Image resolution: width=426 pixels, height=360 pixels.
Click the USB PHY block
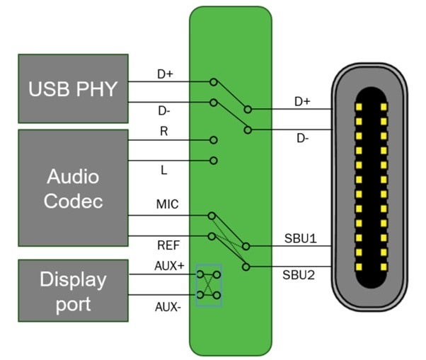[73, 89]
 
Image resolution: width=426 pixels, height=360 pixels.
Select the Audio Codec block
[73, 187]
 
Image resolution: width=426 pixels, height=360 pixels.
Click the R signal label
[163, 132]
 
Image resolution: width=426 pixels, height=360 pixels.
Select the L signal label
[163, 171]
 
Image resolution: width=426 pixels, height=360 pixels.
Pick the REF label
[165, 247]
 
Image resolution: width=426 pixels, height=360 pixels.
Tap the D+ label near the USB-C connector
[302, 101]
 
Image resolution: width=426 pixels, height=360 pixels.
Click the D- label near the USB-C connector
[302, 139]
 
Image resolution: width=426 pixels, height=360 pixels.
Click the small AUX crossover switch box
[209, 284]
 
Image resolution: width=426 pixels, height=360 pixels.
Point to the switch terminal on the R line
[213, 140]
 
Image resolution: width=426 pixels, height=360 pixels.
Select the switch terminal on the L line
[213, 161]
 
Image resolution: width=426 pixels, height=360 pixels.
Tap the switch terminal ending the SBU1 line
[246, 246]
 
